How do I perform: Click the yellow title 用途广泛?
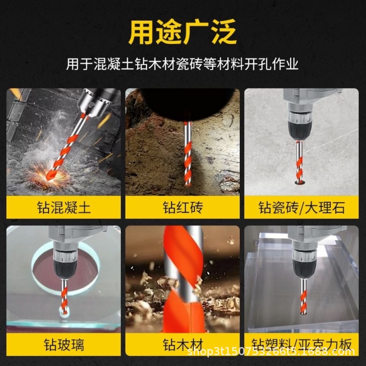point(183,32)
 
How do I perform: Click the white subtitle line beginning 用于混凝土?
point(182,64)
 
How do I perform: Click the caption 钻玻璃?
point(64,345)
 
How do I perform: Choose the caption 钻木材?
point(183,345)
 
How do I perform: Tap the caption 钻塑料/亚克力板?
point(302,345)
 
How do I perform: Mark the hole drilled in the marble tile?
point(300,182)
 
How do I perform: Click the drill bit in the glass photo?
point(64,297)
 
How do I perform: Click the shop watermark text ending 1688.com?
point(271,351)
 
